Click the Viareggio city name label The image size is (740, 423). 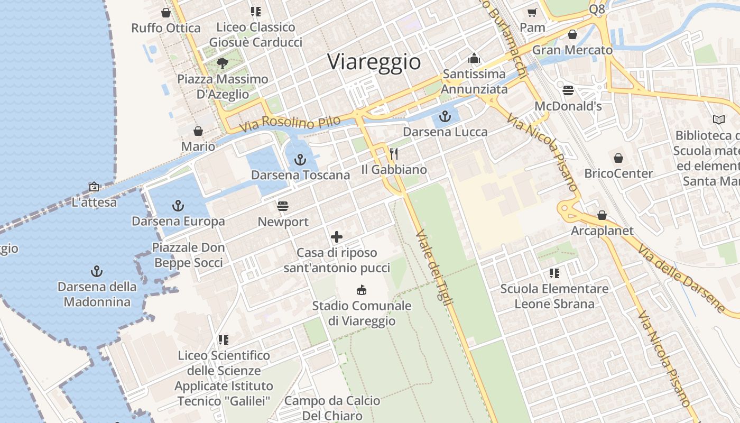click(x=374, y=62)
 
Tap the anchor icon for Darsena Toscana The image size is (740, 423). click(x=300, y=159)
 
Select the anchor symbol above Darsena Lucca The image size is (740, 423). click(x=445, y=116)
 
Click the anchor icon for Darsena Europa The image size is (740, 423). click(x=178, y=206)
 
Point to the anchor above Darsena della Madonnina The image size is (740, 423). click(x=96, y=271)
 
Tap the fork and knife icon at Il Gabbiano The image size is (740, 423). click(x=393, y=154)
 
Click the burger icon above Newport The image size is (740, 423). click(x=283, y=206)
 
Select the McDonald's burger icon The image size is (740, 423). click(x=568, y=90)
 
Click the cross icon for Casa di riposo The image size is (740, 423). click(x=336, y=237)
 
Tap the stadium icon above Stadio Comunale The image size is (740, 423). click(x=362, y=290)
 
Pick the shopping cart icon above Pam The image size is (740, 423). click(x=532, y=12)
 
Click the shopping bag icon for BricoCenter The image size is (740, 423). click(x=618, y=158)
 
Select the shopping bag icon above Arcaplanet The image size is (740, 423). click(x=602, y=215)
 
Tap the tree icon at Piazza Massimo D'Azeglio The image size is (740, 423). click(x=223, y=63)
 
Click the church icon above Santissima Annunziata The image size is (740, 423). click(x=474, y=58)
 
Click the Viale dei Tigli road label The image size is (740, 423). click(x=434, y=268)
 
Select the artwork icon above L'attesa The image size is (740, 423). click(x=94, y=187)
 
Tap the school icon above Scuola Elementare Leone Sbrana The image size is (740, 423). click(x=554, y=273)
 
